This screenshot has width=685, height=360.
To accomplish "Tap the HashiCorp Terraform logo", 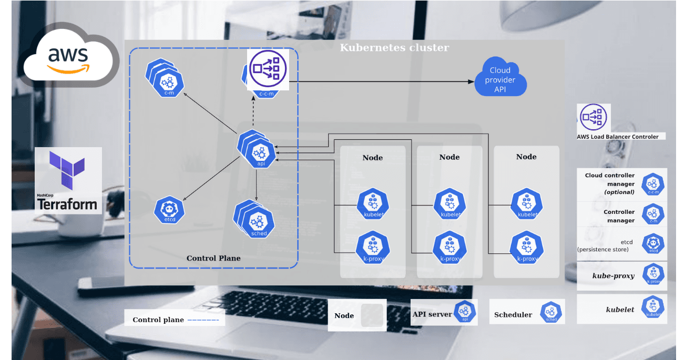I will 68,180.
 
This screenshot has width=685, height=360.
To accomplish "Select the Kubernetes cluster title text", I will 394,48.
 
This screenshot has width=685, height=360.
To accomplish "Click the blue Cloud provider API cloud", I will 500,79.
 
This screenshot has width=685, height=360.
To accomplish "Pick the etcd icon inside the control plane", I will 169,210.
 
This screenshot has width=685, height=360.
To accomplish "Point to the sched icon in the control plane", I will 258,221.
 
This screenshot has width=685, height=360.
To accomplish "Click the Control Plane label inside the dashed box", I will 213,258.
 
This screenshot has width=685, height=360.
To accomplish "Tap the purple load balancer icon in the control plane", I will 268,69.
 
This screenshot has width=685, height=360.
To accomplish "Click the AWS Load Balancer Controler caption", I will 618,137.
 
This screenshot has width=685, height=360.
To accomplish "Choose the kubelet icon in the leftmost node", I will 372,204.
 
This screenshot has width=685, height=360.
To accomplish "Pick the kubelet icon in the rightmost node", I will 526,204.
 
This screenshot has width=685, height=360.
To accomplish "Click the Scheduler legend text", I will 513,315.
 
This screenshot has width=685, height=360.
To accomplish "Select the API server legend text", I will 432,314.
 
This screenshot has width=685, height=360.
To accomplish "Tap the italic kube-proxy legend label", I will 614,276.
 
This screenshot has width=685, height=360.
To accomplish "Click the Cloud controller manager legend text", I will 610,184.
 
